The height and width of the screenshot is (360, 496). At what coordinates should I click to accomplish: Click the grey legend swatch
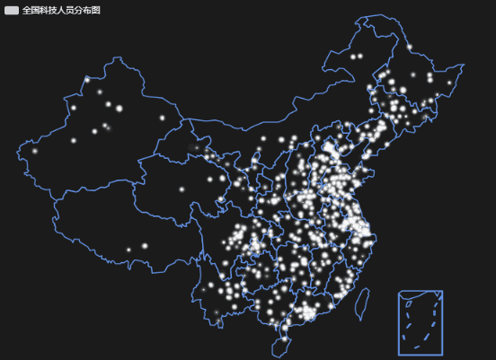[x=12, y=10]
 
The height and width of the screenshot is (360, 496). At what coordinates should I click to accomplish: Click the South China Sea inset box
[x=421, y=322]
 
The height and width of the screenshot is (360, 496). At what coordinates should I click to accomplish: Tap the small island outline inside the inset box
[x=409, y=303]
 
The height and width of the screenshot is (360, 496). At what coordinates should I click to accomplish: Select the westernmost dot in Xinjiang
[x=35, y=151]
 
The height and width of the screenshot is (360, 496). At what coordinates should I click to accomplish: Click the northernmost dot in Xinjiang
[x=87, y=80]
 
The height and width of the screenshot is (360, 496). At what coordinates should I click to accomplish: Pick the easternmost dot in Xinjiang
[x=163, y=118]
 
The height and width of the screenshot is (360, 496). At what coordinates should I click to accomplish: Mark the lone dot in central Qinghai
[x=182, y=189]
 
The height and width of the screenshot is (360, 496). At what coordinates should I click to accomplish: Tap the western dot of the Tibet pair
[x=128, y=250]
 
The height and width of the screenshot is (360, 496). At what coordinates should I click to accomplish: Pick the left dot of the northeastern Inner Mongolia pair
[x=353, y=57]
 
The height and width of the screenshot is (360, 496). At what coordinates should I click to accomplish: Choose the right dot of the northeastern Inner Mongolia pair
[x=360, y=57]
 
